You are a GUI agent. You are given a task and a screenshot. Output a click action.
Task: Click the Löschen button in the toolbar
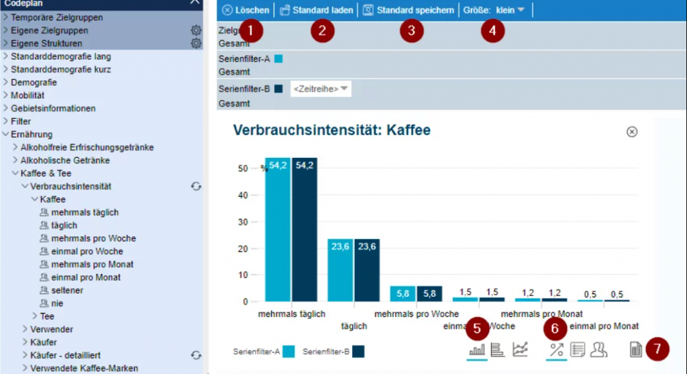[x=246, y=10]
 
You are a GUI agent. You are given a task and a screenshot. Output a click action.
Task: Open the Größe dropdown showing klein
[x=510, y=10]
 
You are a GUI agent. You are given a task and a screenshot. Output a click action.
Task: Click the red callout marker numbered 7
[x=657, y=348]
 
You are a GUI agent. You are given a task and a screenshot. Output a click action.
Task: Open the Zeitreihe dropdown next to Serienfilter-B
[x=321, y=89]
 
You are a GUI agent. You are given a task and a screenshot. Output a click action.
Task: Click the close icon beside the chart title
[x=631, y=132]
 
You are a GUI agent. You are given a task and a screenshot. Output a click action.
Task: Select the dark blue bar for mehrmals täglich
[x=304, y=229]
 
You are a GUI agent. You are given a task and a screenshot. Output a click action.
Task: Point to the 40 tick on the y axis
[x=243, y=195]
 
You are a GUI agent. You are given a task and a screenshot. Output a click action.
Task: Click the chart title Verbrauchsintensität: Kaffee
[x=331, y=130]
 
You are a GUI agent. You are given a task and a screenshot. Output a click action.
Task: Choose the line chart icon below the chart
[x=520, y=349]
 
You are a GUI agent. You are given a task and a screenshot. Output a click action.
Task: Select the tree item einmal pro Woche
[x=87, y=251]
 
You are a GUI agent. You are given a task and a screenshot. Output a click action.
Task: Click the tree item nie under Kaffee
[x=57, y=303]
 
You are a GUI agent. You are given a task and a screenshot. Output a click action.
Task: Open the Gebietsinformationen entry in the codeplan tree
[x=53, y=108]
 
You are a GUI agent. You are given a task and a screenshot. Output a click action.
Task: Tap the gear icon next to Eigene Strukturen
[x=196, y=43]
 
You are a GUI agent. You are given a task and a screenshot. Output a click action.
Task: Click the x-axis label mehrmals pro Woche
[x=417, y=314]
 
